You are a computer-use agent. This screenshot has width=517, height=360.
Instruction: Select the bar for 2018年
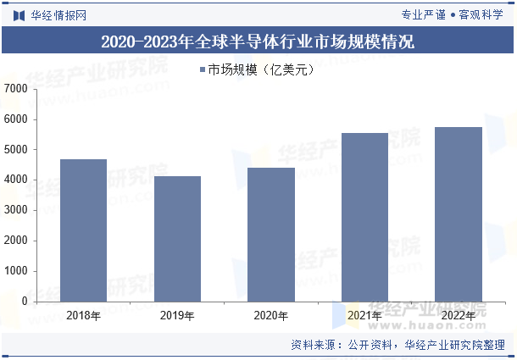[x=83, y=230]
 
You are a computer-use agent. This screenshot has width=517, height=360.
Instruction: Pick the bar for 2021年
[x=364, y=217]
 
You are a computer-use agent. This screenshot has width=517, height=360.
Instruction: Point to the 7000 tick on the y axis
[x=15, y=89]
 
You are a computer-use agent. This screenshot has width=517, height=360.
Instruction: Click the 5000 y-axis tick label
[x=15, y=150]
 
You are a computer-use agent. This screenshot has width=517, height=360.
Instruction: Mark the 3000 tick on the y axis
[x=15, y=210]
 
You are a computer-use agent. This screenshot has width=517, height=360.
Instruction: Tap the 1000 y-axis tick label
[x=15, y=271]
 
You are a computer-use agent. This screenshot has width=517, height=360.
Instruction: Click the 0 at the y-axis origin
[x=24, y=302]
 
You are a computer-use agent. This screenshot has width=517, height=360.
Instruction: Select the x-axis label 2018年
[x=83, y=316]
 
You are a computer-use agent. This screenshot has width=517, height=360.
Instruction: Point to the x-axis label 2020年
[x=271, y=316]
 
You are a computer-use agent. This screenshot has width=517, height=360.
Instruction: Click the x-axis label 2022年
[x=459, y=316]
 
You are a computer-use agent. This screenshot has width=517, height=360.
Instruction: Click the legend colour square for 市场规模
[x=202, y=70]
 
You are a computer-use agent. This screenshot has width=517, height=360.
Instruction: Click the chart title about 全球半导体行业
[x=258, y=41]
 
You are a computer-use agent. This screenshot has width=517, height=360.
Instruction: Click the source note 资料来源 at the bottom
[x=397, y=345]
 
